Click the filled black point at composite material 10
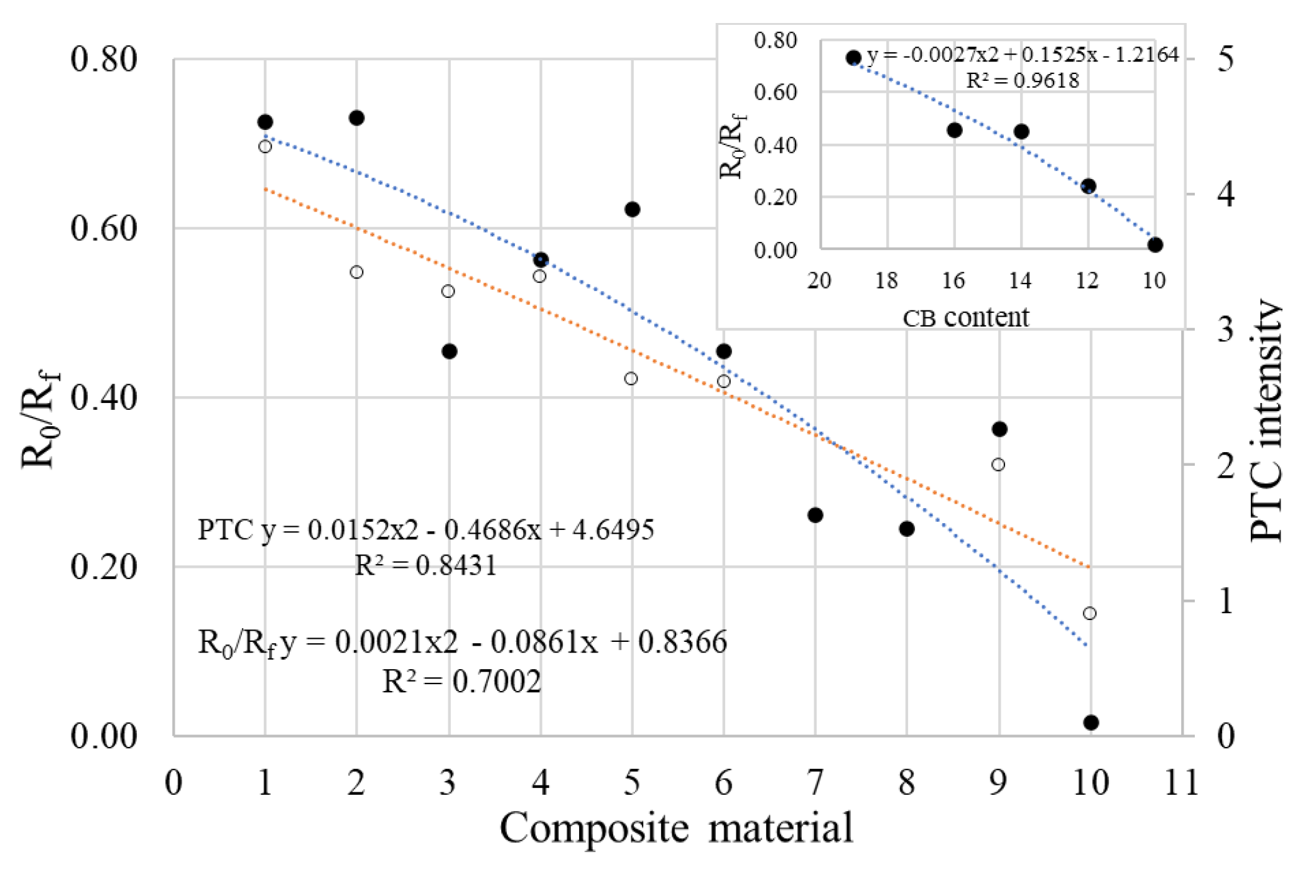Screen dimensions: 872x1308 pyautogui.click(x=1090, y=722)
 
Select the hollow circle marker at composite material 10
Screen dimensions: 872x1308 pyautogui.click(x=1089, y=613)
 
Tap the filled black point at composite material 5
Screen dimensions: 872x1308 pyautogui.click(x=632, y=210)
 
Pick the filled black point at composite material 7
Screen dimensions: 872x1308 pyautogui.click(x=815, y=515)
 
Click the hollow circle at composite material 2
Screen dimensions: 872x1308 pyautogui.click(x=356, y=272)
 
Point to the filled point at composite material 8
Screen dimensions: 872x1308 pyautogui.click(x=906, y=529)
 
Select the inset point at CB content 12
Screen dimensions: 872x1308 pyautogui.click(x=1088, y=186)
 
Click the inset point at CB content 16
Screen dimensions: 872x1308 pyautogui.click(x=954, y=131)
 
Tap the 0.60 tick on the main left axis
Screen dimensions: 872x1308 pyautogui.click(x=103, y=228)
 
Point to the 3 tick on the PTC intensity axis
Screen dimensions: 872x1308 pyautogui.click(x=1225, y=328)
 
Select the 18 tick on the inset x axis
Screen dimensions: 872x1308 pyautogui.click(x=886, y=281)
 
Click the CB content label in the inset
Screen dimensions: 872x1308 pyautogui.click(x=965, y=318)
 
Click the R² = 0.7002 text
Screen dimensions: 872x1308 pyautogui.click(x=461, y=682)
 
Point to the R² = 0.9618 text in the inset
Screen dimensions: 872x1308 pyautogui.click(x=1022, y=81)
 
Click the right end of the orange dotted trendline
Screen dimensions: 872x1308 pyautogui.click(x=1088, y=567)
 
